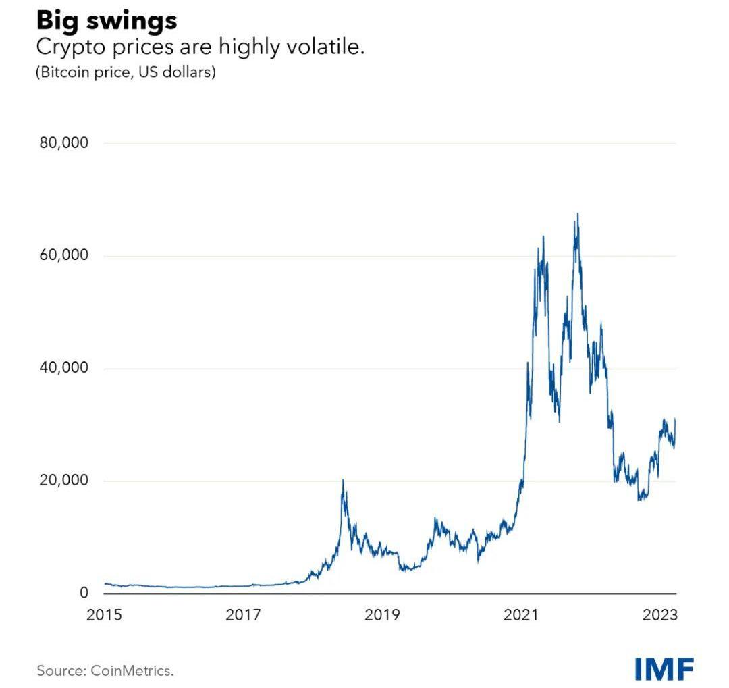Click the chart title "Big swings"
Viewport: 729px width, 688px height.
[x=107, y=20]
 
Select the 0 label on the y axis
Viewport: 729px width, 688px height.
[x=84, y=593]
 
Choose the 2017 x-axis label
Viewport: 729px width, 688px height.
[x=243, y=615]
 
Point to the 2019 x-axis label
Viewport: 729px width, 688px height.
[x=383, y=615]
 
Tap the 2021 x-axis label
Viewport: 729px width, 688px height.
[x=522, y=615]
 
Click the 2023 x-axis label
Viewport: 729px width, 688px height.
[x=660, y=615]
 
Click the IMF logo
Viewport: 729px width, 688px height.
[x=664, y=668]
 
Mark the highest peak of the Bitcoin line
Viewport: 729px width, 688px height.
[x=578, y=214]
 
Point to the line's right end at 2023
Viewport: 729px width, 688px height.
[x=675, y=420]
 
